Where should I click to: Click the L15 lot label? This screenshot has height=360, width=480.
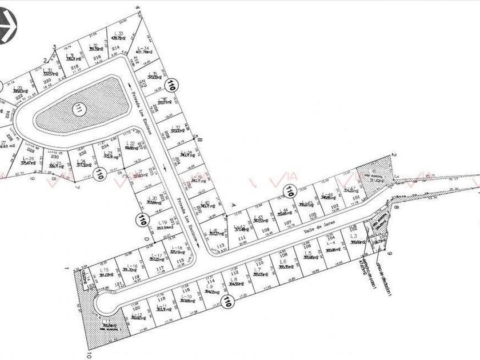(x=104, y=269)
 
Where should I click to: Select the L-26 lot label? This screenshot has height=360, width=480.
(x=28, y=158)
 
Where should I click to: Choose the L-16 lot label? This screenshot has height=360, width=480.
(x=131, y=266)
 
